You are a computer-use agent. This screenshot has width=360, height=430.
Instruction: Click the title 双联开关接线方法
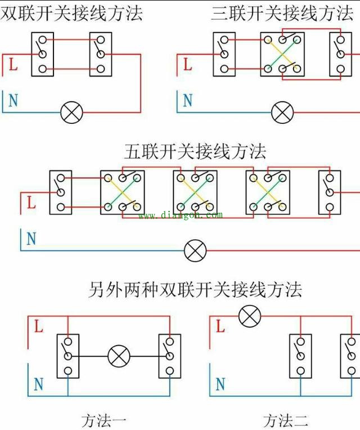(x=71, y=12)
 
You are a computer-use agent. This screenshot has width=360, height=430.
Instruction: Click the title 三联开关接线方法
(x=282, y=12)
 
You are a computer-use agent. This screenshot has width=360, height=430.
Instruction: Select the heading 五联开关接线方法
(x=195, y=151)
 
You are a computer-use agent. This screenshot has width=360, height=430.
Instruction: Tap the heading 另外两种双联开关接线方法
(x=195, y=289)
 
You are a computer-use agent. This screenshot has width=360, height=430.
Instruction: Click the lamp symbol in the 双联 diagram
(x=71, y=113)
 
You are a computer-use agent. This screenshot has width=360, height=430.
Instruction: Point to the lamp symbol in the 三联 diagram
(x=282, y=113)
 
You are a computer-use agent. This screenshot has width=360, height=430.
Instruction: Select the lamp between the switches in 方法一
(x=119, y=356)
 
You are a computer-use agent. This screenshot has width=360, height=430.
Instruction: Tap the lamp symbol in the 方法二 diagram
(x=249, y=316)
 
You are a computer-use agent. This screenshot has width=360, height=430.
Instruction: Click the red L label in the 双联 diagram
(x=13, y=64)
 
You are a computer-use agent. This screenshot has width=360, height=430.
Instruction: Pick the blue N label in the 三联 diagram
(x=187, y=101)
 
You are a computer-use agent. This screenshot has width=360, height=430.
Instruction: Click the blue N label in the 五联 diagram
(x=31, y=239)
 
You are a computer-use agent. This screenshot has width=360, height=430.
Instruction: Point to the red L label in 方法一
(x=38, y=326)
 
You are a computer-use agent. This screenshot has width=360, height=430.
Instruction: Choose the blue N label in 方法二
(x=220, y=385)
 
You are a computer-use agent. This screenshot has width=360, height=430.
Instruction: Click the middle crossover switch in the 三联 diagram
(x=282, y=54)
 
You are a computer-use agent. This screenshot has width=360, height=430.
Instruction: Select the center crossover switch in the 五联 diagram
(x=195, y=192)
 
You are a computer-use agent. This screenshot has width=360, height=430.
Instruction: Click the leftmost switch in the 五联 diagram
(x=60, y=192)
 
